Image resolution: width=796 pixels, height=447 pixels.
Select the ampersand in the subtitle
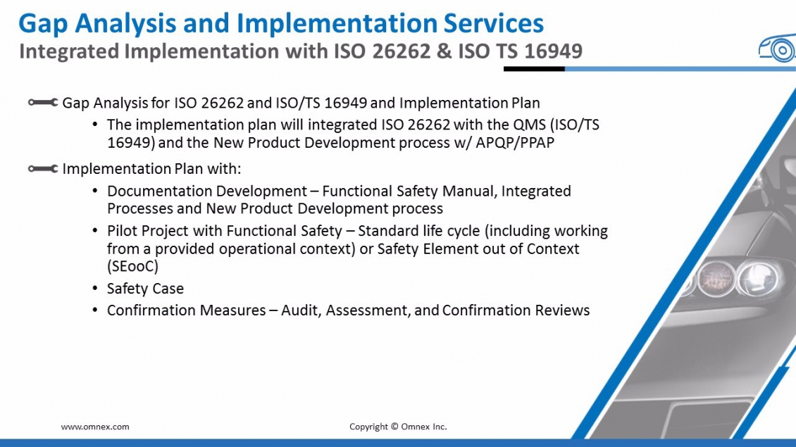click(x=444, y=52)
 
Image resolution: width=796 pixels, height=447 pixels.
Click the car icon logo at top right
click(x=777, y=49)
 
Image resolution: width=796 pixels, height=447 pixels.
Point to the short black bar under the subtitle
click(x=534, y=68)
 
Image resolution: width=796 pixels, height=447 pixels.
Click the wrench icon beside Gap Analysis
click(x=43, y=103)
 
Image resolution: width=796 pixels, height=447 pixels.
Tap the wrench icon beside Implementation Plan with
click(x=43, y=168)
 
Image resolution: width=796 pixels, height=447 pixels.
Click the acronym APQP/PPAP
click(x=515, y=143)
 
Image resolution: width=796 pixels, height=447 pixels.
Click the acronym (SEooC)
click(x=132, y=266)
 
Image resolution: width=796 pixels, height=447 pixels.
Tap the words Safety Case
click(x=145, y=289)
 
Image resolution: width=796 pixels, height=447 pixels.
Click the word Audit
click(x=301, y=310)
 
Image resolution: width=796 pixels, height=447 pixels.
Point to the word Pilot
click(x=122, y=231)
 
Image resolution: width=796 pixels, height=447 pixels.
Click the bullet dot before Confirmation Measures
click(x=95, y=310)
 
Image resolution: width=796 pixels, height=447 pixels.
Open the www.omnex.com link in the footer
click(x=95, y=427)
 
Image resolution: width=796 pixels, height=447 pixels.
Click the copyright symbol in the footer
click(x=394, y=427)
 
